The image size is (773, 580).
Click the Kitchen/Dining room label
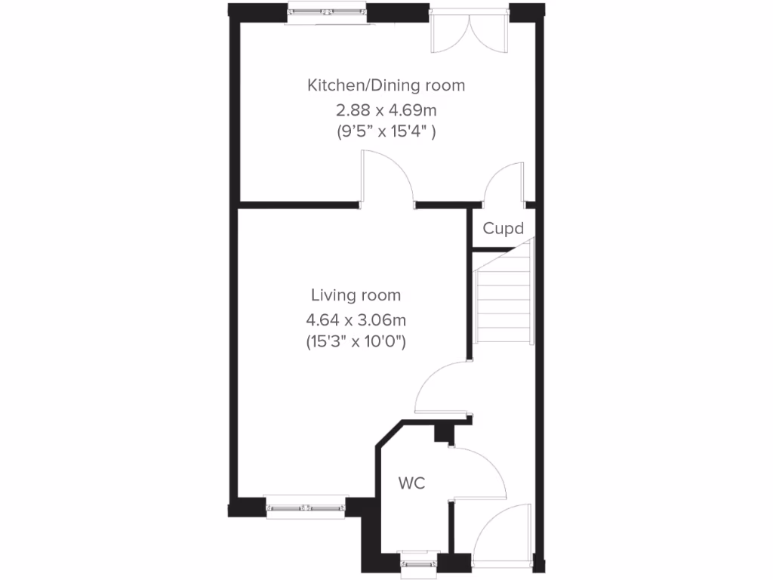[x=386, y=85]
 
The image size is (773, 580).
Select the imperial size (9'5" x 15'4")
[x=386, y=131]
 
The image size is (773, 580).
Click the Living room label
[x=356, y=295]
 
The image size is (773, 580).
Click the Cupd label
[x=503, y=228]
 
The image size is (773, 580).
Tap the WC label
[x=412, y=483]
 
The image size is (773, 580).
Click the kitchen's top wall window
[x=328, y=13]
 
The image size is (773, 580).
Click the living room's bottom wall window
[x=306, y=506]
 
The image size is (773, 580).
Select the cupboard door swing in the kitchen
[x=504, y=185]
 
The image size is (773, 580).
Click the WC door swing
[x=479, y=472]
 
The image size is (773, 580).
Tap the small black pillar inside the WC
[x=442, y=433]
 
